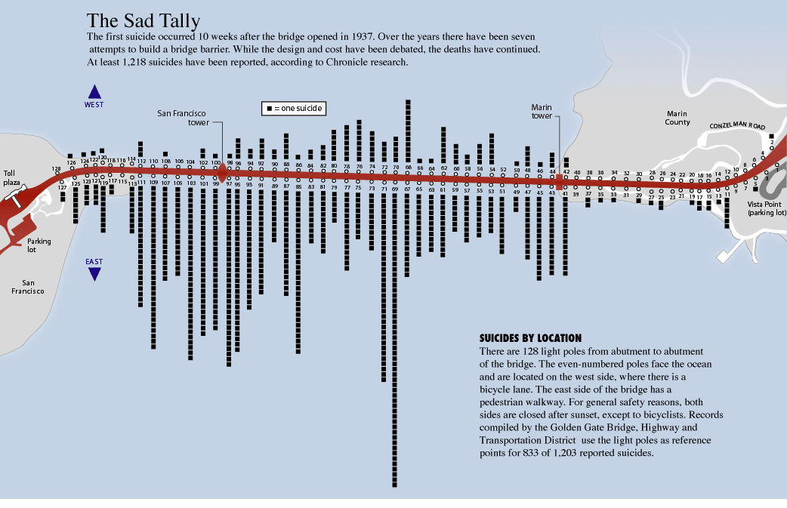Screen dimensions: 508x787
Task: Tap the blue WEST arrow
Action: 94,92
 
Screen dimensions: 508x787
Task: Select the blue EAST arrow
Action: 94,273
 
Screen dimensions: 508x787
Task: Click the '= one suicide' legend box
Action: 294,109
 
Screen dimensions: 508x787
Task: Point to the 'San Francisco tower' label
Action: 184,118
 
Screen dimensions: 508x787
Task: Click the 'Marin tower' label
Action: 542,112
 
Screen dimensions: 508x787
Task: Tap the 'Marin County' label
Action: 677,118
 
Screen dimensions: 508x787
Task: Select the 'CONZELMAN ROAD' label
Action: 737,125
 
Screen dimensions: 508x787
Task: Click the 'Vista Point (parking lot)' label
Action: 767,208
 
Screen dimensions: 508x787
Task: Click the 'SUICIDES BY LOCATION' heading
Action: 530,338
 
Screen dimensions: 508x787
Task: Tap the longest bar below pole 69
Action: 394,340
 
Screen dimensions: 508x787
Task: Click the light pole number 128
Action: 56,169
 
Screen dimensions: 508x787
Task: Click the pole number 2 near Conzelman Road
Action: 772,142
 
